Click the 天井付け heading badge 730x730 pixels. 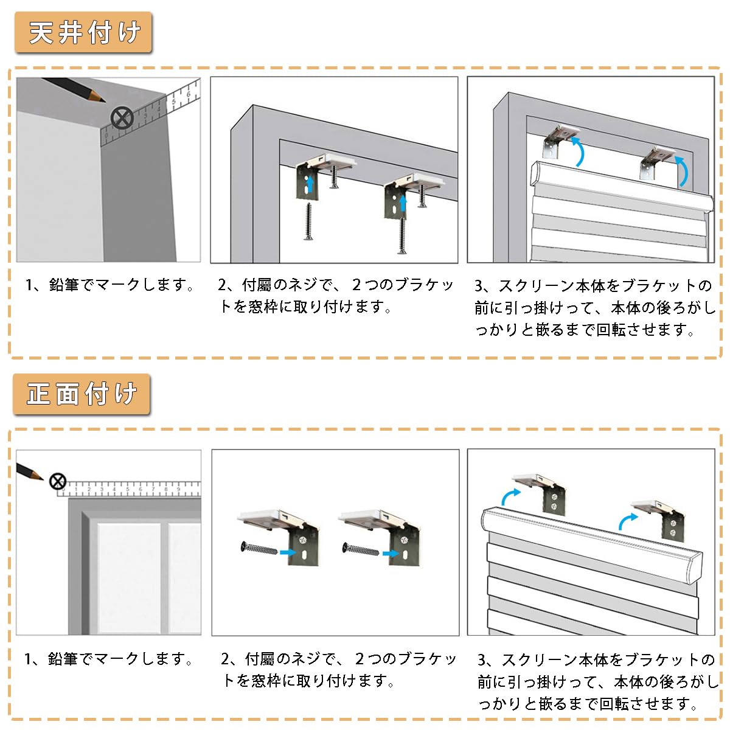83,33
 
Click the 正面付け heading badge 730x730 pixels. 82,394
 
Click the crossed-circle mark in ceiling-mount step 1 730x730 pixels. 122,117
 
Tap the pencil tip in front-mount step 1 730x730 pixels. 40,478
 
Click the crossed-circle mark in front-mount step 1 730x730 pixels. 57,482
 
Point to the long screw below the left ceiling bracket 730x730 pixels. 308,221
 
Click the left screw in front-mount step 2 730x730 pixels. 260,549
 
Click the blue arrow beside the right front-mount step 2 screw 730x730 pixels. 390,554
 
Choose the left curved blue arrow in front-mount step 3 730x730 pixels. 509,496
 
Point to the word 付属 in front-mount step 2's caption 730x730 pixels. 260,659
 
